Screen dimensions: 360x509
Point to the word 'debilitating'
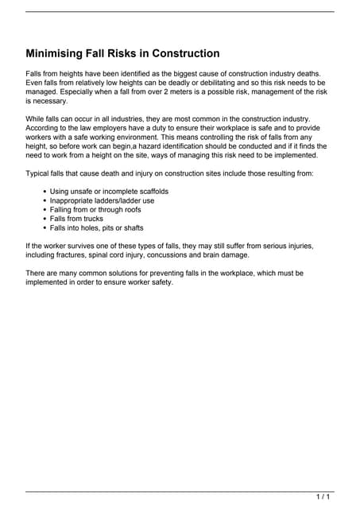click(219, 82)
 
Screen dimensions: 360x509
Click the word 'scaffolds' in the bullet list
click(150, 191)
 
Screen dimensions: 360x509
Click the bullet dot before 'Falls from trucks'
click(44, 219)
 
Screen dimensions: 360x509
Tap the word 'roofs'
click(130, 209)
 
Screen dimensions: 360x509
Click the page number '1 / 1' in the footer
click(323, 497)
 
